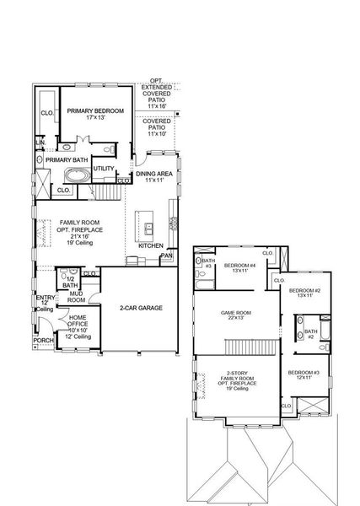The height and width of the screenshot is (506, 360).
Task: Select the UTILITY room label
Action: tap(104, 169)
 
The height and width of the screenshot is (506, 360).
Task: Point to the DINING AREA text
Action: tap(153, 174)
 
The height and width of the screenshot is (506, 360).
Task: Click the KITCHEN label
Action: tap(150, 245)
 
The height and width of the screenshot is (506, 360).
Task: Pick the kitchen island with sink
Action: tap(148, 229)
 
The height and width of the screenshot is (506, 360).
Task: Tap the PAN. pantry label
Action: tap(167, 256)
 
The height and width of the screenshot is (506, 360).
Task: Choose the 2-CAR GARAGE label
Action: tap(140, 309)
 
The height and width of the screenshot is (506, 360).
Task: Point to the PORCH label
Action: tap(42, 342)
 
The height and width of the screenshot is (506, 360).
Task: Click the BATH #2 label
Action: tap(310, 335)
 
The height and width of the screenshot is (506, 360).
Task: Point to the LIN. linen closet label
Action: tap(40, 144)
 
